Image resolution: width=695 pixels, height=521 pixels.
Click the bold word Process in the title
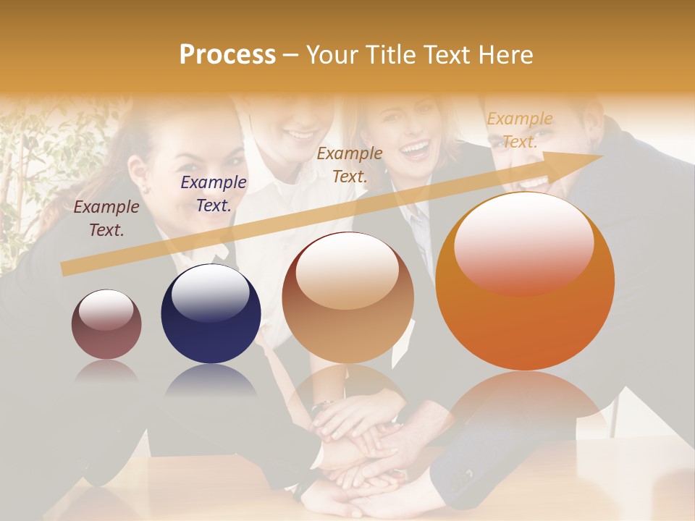pos(227,55)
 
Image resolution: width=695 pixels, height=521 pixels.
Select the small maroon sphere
pos(106,324)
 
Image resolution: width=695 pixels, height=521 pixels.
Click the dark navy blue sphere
pos(211,314)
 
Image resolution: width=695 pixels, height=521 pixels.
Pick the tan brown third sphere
pos(348,297)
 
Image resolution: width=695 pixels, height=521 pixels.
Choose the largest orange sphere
pos(525,281)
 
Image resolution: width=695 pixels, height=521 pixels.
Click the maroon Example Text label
pos(106,219)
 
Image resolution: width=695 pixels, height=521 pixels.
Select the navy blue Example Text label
pos(214,194)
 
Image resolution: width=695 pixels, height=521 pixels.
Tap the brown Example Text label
pos(350,164)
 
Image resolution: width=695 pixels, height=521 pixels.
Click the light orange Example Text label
pos(520,130)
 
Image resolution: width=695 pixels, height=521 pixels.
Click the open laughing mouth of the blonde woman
pos(415,150)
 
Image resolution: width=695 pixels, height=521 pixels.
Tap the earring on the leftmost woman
pos(143,189)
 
